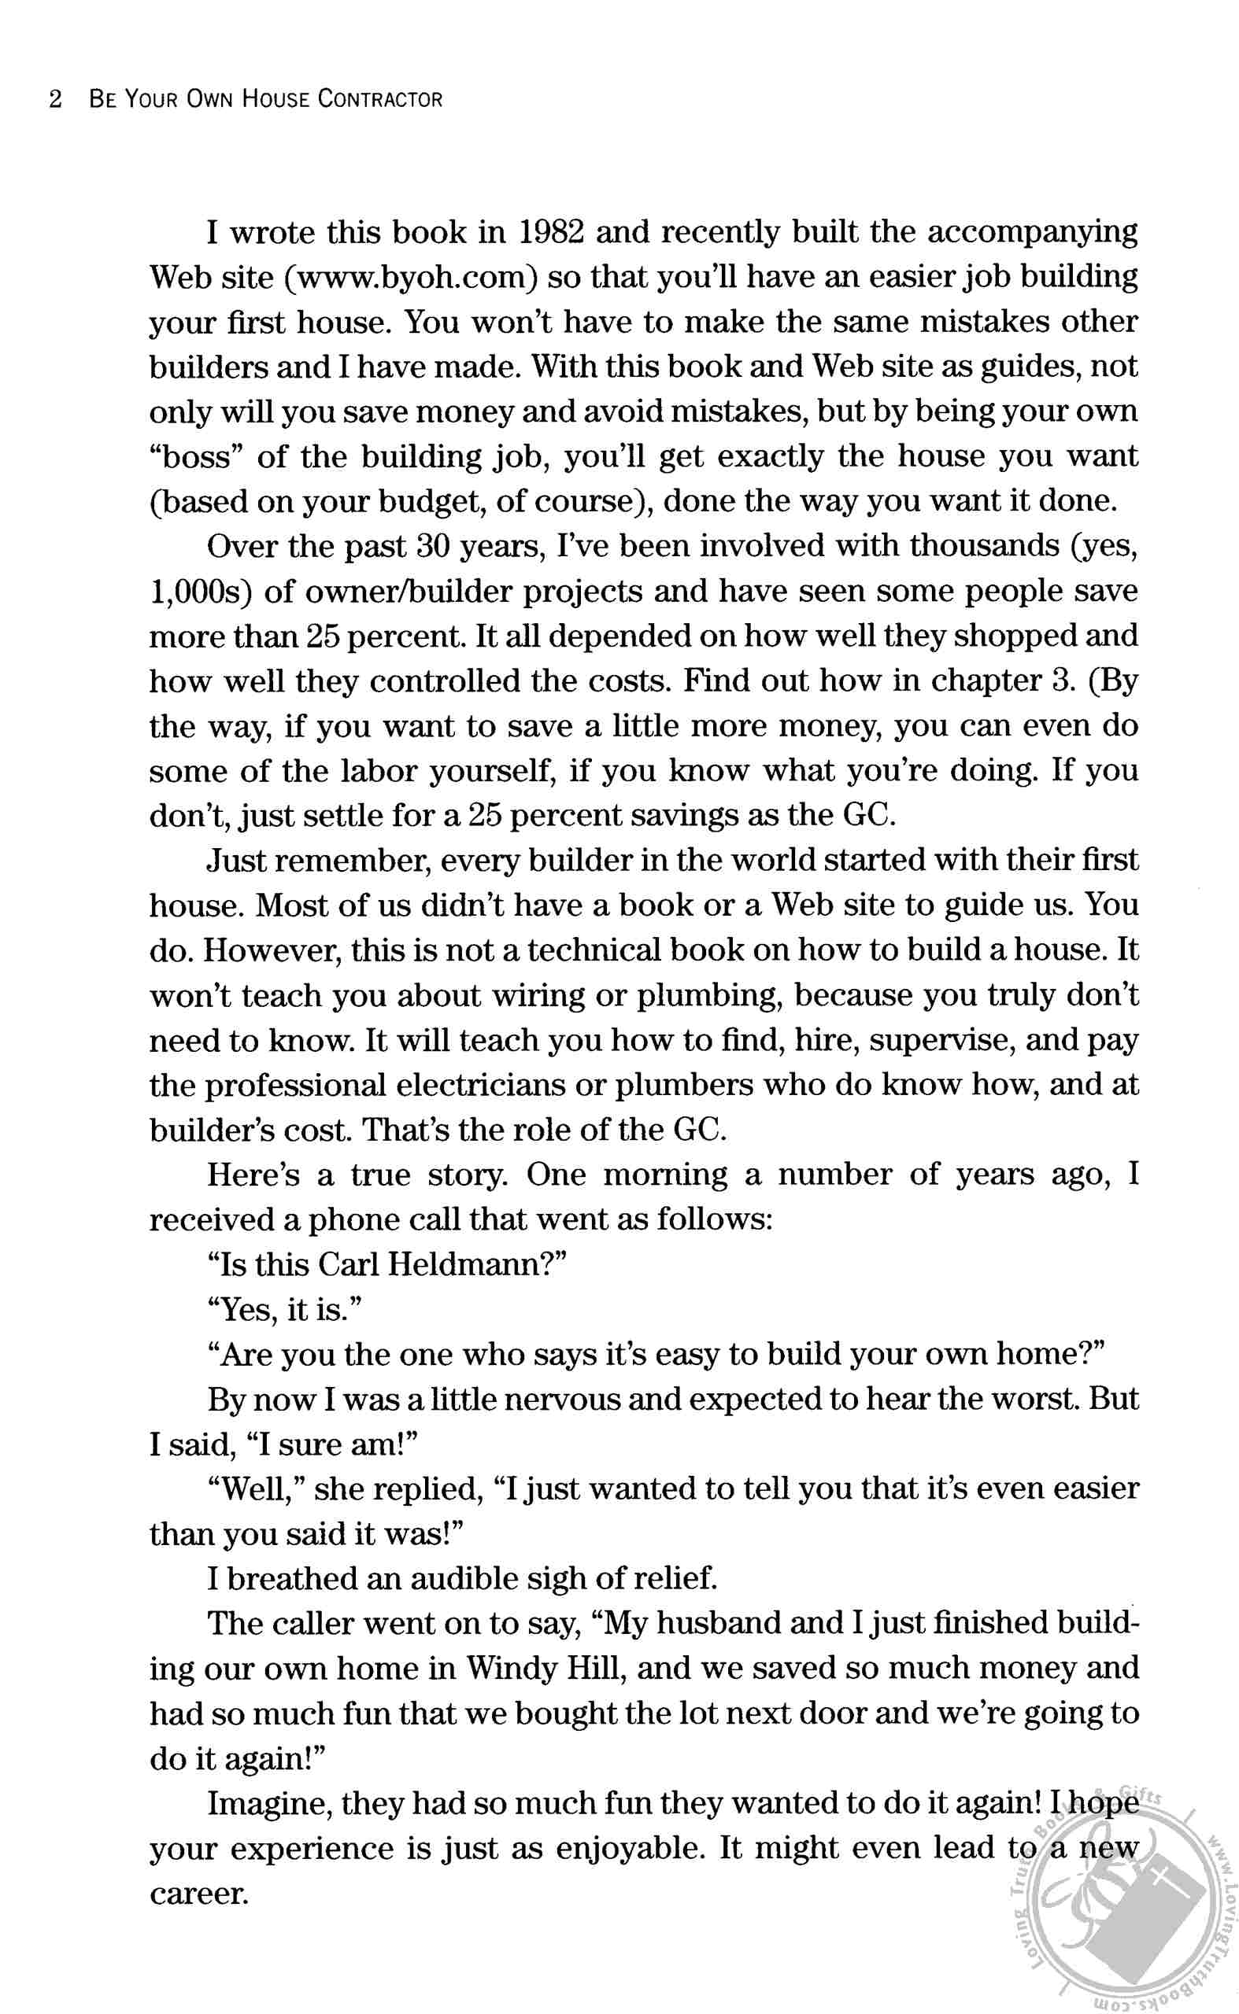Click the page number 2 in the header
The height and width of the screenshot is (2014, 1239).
coord(56,100)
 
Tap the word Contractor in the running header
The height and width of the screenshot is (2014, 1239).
coord(379,100)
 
